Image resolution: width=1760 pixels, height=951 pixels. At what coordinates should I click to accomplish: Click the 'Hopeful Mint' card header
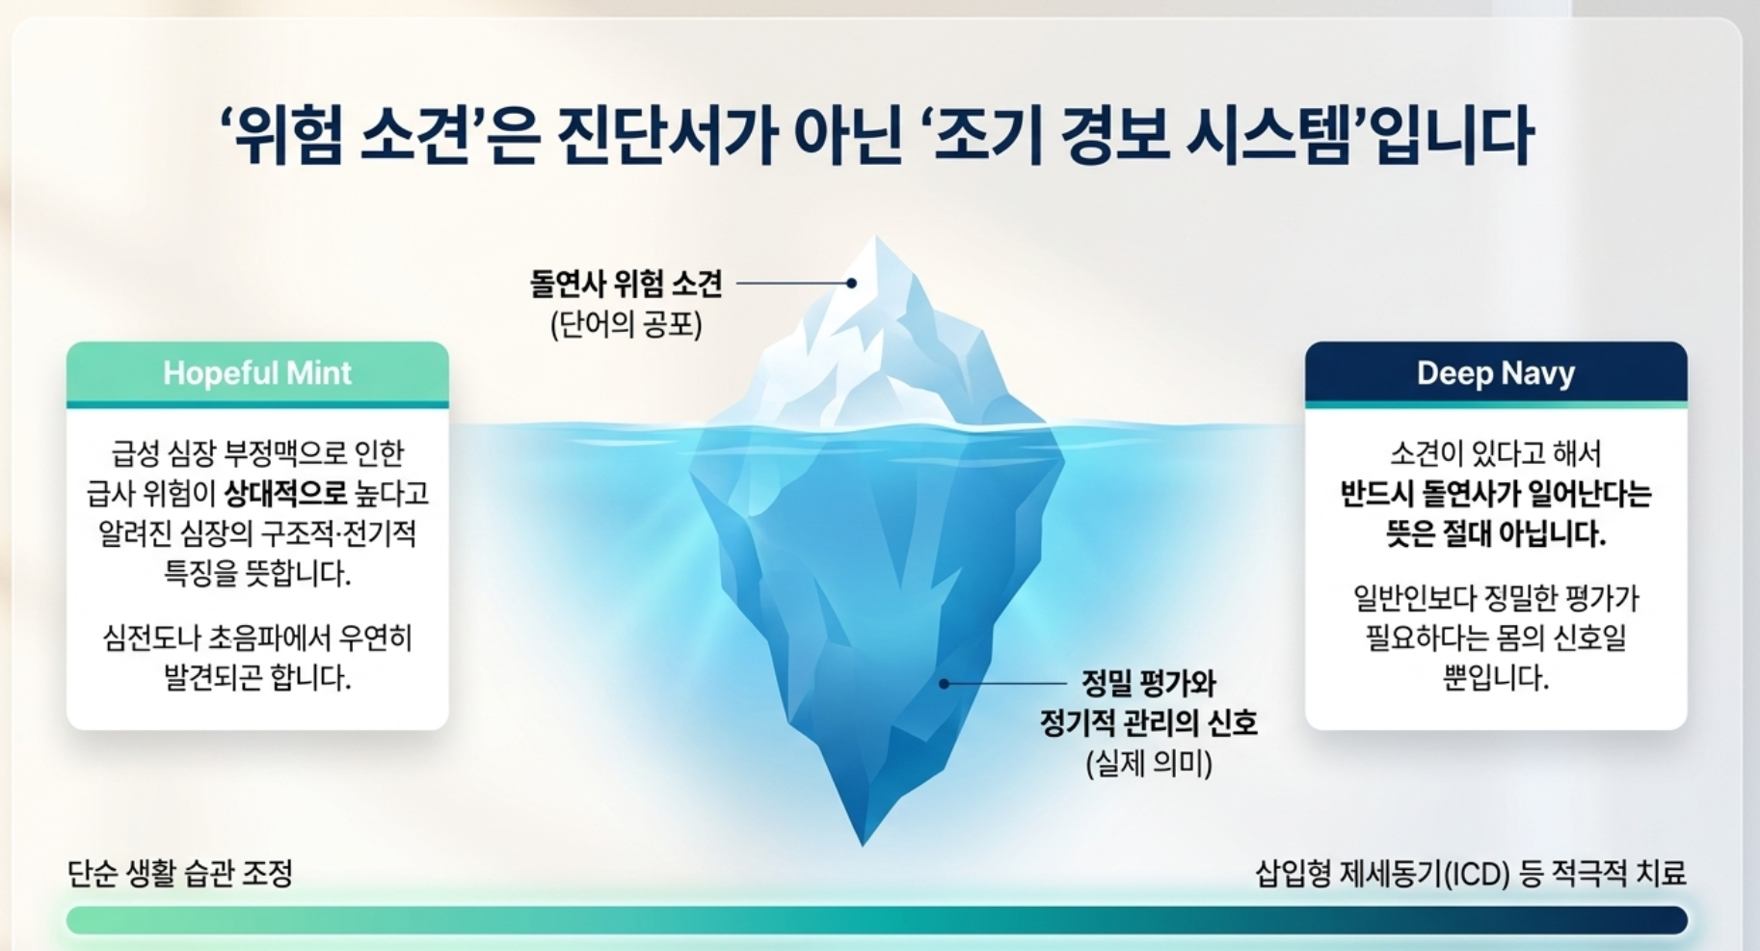(257, 373)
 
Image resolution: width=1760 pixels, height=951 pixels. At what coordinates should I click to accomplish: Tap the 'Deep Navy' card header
(1496, 373)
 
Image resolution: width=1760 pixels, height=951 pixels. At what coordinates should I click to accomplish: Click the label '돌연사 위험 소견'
(626, 284)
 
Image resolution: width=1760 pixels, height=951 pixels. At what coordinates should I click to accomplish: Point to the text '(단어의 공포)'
(627, 324)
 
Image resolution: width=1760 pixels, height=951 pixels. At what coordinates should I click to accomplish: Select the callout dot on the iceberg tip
(852, 284)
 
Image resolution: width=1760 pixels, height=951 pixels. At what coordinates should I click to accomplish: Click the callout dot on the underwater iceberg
(945, 684)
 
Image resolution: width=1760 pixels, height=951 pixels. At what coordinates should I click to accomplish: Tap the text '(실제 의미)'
(1149, 764)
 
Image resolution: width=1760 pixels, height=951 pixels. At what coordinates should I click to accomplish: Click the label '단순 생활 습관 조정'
(180, 874)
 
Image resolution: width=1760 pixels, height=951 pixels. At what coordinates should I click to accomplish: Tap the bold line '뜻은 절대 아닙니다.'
(1496, 533)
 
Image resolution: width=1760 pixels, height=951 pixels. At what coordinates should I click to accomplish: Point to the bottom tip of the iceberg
(864, 845)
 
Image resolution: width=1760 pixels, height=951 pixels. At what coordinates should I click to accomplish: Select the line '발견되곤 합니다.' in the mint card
(257, 678)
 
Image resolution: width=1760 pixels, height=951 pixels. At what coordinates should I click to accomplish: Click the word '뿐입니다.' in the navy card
(1496, 678)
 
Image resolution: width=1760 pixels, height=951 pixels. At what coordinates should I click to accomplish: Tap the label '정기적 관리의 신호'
(1149, 723)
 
